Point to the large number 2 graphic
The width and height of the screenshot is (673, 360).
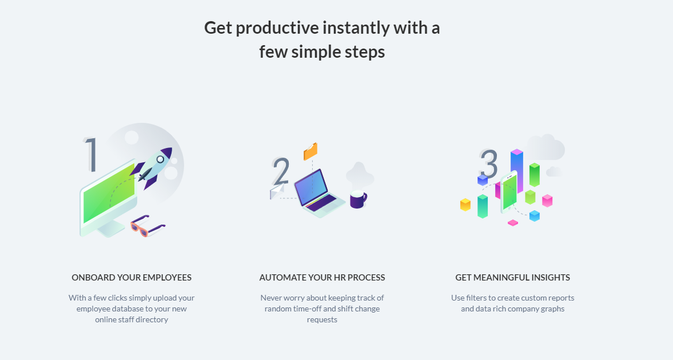click(x=281, y=171)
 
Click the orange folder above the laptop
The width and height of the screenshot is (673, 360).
click(x=310, y=151)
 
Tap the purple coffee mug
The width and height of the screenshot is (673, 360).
click(x=358, y=199)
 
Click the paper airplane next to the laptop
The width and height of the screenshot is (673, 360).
click(x=277, y=191)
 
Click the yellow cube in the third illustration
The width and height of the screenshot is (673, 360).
click(x=465, y=205)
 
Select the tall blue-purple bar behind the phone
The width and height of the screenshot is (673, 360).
click(x=517, y=170)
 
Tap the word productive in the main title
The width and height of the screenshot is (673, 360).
click(x=277, y=29)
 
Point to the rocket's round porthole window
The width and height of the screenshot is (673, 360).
click(x=160, y=159)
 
